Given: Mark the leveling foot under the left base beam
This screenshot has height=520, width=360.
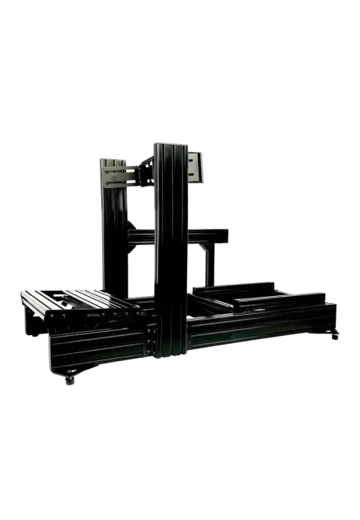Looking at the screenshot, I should click(70, 382).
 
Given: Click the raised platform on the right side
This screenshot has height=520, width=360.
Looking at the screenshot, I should click(258, 297).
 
